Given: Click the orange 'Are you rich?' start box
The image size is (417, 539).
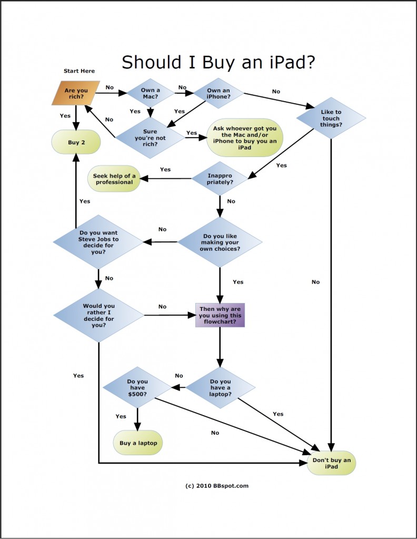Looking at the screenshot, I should pyautogui.click(x=76, y=94).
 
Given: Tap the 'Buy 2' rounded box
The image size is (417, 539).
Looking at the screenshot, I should pyautogui.click(x=76, y=142).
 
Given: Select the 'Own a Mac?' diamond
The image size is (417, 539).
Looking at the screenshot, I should pyautogui.click(x=151, y=94).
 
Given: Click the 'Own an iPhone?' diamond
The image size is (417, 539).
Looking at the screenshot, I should pyautogui.click(x=219, y=94).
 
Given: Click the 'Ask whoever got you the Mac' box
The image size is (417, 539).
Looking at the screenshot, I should pyautogui.click(x=245, y=137).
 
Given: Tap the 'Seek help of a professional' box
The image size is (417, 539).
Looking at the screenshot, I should pyautogui.click(x=114, y=179).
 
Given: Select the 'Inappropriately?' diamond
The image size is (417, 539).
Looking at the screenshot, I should pyautogui.click(x=220, y=178).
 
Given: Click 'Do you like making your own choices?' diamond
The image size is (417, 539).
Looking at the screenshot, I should pyautogui.click(x=220, y=242).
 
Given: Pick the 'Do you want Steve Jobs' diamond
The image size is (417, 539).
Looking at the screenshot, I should pyautogui.click(x=98, y=242).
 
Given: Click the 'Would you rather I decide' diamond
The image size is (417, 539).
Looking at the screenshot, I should pyautogui.click(x=98, y=315).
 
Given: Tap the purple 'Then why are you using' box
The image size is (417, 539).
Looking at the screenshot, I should pyautogui.click(x=220, y=315).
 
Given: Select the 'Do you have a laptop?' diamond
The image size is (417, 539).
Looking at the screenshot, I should pyautogui.click(x=220, y=388).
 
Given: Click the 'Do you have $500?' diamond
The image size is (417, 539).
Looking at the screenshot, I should pyautogui.click(x=137, y=388).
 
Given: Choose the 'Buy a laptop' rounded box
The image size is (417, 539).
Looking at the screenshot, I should pyautogui.click(x=138, y=443).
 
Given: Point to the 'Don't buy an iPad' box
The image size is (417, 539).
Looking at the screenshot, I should pyautogui.click(x=331, y=463).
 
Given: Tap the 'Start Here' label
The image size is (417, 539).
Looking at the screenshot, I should pyautogui.click(x=80, y=71).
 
